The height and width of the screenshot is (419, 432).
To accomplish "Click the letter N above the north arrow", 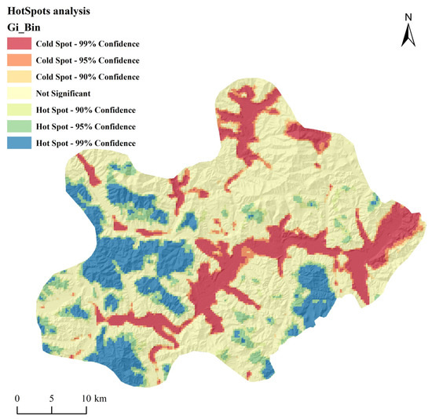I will pos(408,16).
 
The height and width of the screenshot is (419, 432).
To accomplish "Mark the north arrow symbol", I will pos(408,35).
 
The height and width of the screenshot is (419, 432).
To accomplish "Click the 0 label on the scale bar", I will pos(17,398).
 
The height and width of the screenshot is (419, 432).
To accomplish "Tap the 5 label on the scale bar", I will pos(52,398).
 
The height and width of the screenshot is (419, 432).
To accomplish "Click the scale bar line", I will pos(52,410).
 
